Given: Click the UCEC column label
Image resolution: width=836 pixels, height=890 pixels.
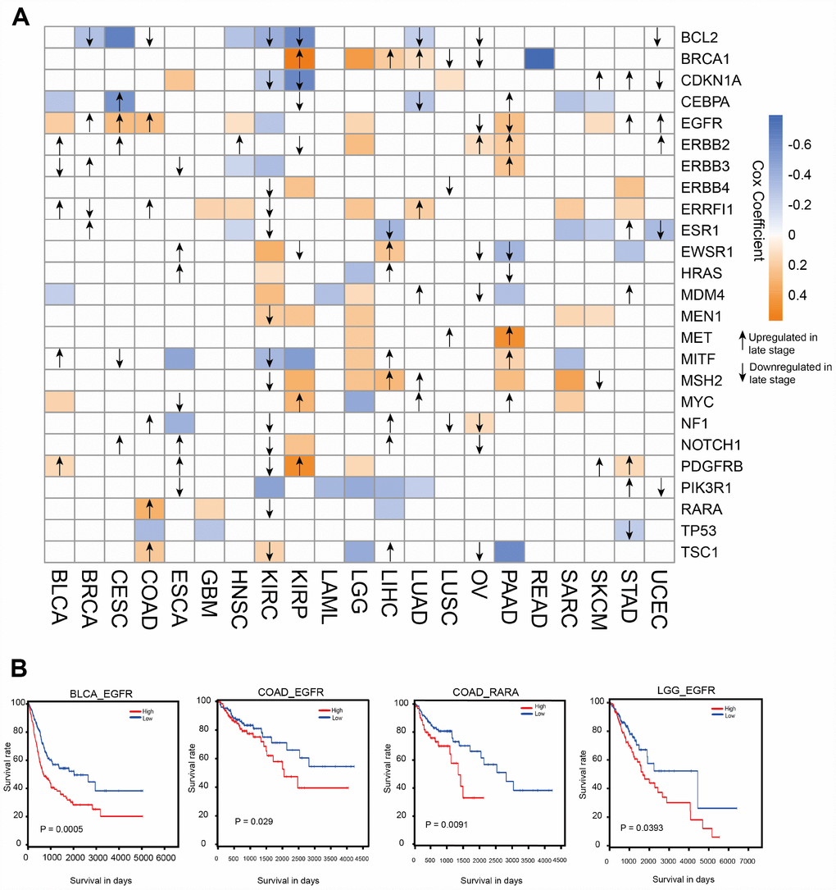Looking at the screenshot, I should (x=660, y=598).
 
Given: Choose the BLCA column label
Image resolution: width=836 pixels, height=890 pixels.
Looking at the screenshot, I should (x=61, y=598).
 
